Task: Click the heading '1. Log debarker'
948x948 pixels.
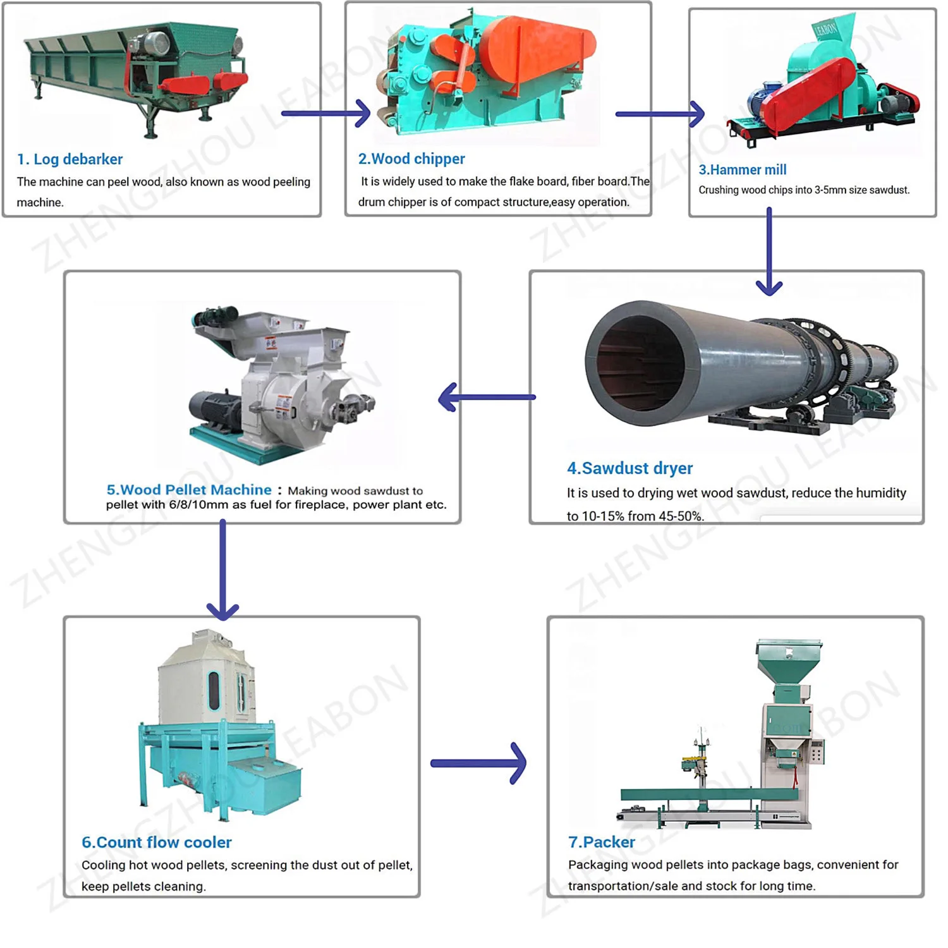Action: point(70,159)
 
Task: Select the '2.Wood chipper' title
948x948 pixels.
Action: point(411,159)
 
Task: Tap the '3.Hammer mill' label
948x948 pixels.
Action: point(742,169)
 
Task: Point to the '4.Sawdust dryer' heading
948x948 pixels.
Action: point(629,468)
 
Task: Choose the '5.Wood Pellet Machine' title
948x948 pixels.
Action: point(189,490)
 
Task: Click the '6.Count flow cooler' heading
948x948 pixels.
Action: point(156,842)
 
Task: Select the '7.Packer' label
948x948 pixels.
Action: point(601,842)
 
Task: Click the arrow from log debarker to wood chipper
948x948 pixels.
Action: point(326,114)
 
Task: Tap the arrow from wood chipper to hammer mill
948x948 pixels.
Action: point(660,114)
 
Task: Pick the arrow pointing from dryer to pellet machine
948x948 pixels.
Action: point(487,398)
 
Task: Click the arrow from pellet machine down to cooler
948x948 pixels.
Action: point(222,569)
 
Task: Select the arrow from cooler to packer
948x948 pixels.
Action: point(478,763)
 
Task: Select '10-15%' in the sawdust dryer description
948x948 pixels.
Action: point(604,516)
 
